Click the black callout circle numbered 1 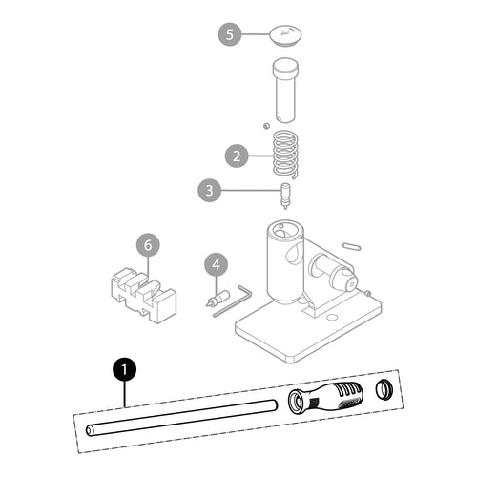pos(124,370)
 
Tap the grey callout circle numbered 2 pos(237,156)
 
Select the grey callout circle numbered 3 pos(209,190)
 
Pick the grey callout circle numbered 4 pos(217,264)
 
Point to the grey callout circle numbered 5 pos(230,34)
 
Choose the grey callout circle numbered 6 pos(148,245)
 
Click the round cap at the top pos(285,35)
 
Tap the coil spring pos(286,155)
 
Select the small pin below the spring pos(286,196)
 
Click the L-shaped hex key pos(233,301)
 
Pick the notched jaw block pos(143,296)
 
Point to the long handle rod pos(181,418)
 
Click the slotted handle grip pos(325,398)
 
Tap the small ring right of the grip pos(384,389)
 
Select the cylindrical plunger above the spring pos(285,90)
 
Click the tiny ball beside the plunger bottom pos(266,126)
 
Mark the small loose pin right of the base pos(351,246)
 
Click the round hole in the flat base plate pos(332,317)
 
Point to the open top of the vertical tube pos(285,230)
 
